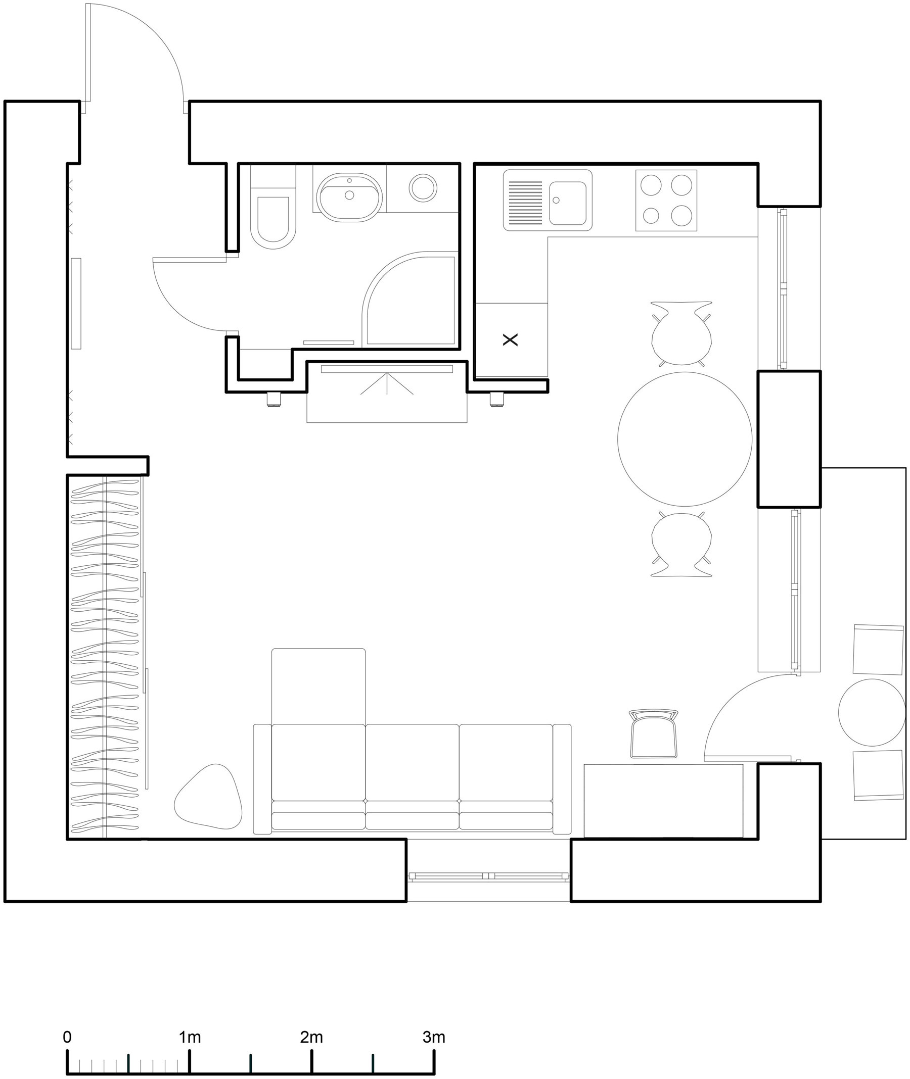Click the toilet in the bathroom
273,219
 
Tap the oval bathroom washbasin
349,197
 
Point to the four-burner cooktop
666,200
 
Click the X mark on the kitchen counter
510,340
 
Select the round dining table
685,438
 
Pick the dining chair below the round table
681,545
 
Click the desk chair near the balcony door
654,734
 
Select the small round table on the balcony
872,712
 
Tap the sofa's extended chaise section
318,685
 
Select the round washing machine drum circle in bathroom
423,187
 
